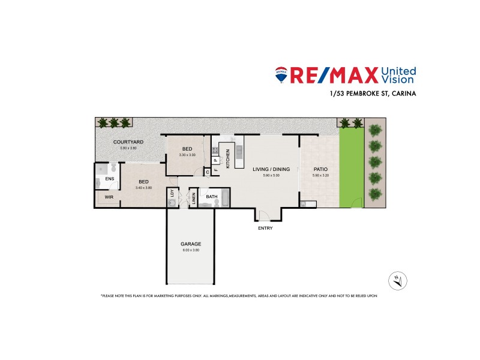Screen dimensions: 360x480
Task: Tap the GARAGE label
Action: (190, 244)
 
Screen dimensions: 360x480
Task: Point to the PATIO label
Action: (320, 170)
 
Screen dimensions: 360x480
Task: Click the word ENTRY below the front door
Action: (265, 229)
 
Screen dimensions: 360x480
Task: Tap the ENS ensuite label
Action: (109, 179)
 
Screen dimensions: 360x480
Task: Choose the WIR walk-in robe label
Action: (109, 197)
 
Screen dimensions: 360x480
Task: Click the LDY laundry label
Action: (173, 194)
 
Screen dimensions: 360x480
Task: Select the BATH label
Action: (212, 196)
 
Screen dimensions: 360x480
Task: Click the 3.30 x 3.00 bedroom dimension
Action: (187, 155)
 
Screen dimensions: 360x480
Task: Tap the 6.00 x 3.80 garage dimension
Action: (190, 250)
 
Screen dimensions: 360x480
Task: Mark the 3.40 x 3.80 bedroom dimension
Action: (144, 188)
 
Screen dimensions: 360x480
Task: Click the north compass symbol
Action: (397, 280)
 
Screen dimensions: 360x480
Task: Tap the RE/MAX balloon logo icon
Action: (281, 74)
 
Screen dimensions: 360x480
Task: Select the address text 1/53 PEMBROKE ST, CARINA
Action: (373, 94)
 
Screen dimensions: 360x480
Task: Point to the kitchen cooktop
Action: (220, 149)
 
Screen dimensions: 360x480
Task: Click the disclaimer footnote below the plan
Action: (239, 296)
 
